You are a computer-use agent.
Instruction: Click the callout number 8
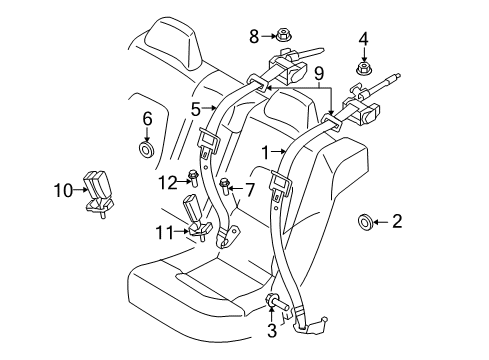(x=253, y=36)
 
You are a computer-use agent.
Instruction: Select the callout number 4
(x=363, y=40)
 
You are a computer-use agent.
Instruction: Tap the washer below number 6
(x=147, y=151)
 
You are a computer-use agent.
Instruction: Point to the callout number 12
(x=165, y=181)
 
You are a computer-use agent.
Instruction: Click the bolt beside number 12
(x=192, y=179)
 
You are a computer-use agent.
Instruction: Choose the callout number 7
(x=251, y=187)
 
